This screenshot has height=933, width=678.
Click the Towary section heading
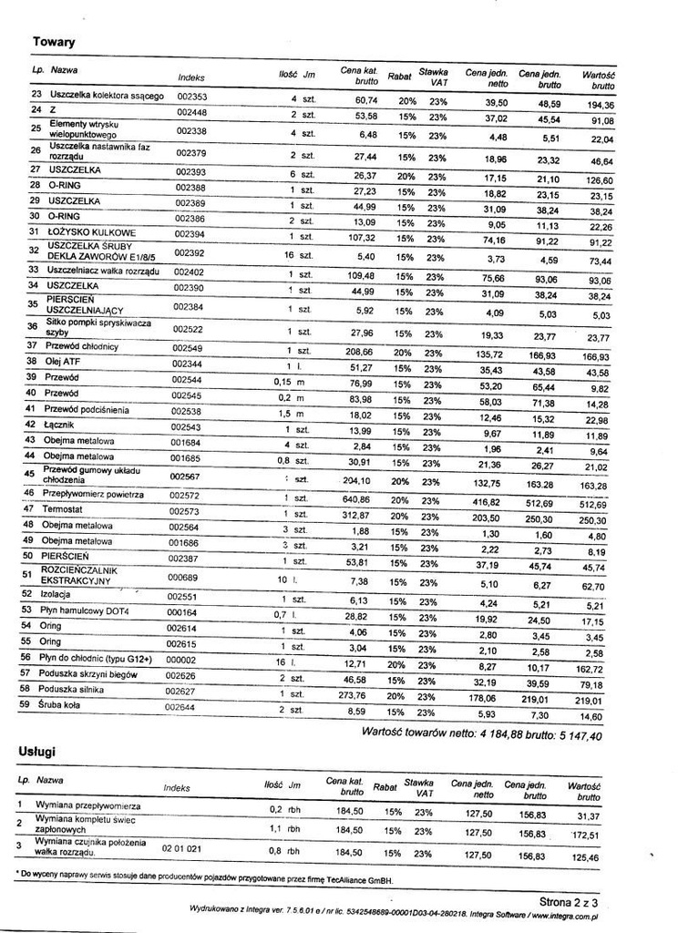coord(54,42)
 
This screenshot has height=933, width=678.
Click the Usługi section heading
coord(37,751)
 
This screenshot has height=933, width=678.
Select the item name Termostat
coord(67,509)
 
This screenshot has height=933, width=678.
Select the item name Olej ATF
coord(63,361)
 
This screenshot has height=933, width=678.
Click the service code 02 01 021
coord(181,848)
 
